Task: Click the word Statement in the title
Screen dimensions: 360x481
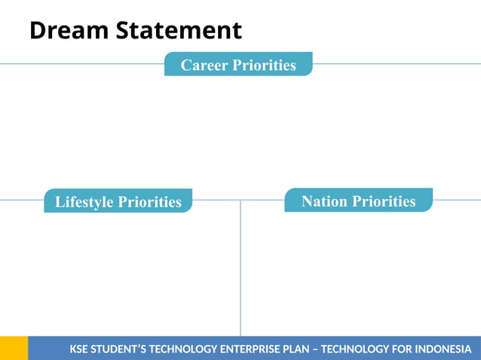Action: pyautogui.click(x=179, y=31)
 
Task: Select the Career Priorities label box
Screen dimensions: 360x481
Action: pyautogui.click(x=238, y=64)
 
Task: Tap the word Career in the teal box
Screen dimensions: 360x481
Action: pyautogui.click(x=204, y=65)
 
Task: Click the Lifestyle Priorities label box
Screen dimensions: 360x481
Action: pyautogui.click(x=118, y=201)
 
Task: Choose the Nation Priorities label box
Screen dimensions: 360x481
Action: pyautogui.click(x=358, y=200)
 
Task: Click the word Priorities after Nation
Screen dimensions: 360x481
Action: pyautogui.click(x=384, y=201)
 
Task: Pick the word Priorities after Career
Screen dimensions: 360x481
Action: pyautogui.click(x=264, y=65)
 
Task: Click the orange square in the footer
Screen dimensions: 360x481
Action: pyautogui.click(x=14, y=348)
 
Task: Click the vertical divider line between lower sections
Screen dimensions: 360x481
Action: pyautogui.click(x=240, y=271)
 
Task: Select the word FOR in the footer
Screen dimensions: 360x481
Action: pyautogui.click(x=391, y=349)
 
